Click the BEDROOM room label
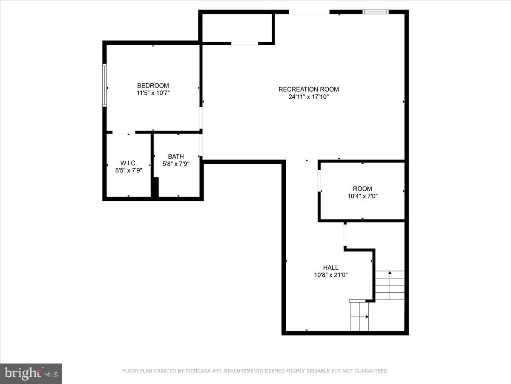153,85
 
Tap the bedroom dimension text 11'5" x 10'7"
153,93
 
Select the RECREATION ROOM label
309,89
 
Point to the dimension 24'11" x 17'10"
309,97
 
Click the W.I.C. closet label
129,163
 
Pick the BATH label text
176,157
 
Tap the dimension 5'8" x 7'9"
176,163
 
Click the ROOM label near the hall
362,189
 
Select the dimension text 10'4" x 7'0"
362,196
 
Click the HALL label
331,268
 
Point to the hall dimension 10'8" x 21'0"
331,275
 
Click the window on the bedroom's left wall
104,85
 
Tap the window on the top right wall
376,12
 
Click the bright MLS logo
31,373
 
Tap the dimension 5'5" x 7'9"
129,170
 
